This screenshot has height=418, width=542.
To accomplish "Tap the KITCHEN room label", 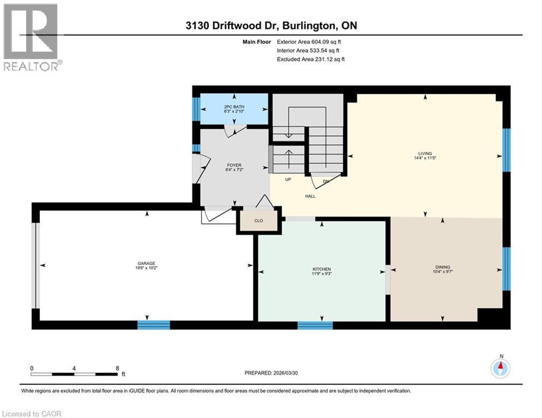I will [x=321, y=269].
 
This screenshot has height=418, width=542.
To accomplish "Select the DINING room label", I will [x=442, y=267].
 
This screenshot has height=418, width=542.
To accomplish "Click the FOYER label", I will [x=235, y=165].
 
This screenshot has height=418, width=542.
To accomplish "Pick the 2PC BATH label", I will [x=234, y=106].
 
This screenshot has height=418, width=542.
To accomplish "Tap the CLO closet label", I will [x=259, y=222].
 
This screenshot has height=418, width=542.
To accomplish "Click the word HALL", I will [x=310, y=196].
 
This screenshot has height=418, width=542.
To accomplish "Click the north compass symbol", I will [x=500, y=368].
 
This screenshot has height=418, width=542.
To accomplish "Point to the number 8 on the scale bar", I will [x=117, y=368].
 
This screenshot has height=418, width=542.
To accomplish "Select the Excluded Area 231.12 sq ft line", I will [x=311, y=59].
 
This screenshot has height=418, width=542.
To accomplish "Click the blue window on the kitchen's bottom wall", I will [x=315, y=325].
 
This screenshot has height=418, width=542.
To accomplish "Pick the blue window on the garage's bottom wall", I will [x=154, y=325].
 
